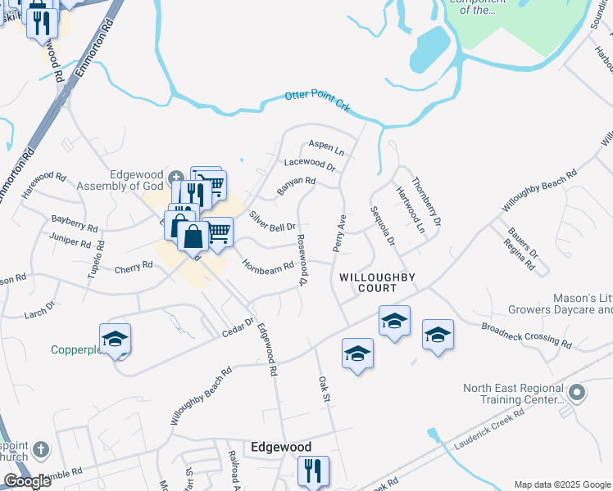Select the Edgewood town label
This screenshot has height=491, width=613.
[281, 448]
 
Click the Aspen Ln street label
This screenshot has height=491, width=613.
[326, 148]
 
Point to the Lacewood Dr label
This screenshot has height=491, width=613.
[310, 165]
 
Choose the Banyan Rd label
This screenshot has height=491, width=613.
[296, 186]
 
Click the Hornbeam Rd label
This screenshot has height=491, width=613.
[268, 266]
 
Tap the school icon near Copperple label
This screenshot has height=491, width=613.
[115, 340]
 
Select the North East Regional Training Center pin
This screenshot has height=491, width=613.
[577, 394]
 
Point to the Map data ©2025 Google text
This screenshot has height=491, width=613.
[561, 484]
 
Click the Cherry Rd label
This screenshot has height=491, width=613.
[134, 266]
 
